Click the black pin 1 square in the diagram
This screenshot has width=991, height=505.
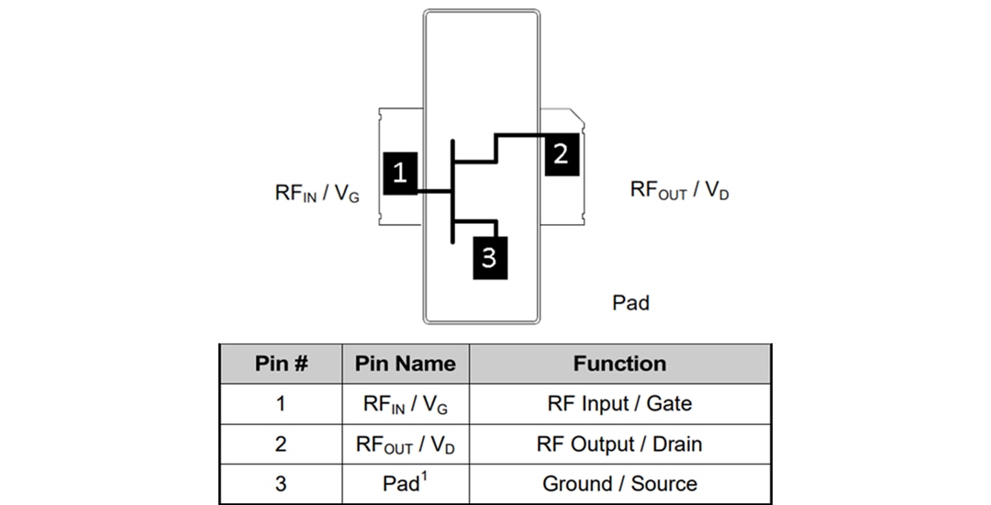point(399,173)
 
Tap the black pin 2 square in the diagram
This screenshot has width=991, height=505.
point(561,154)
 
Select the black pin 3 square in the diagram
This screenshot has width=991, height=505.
point(488,257)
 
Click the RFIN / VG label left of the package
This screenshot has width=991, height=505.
point(317,193)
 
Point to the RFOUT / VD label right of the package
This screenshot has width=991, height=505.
point(679,190)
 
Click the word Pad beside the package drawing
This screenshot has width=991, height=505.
point(630,302)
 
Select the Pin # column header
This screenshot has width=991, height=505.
point(280,364)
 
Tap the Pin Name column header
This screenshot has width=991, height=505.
point(405,364)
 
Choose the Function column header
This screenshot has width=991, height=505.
point(619,364)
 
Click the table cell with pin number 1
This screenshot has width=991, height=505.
point(280,404)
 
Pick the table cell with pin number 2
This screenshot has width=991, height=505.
point(280,444)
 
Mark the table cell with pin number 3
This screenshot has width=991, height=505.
point(280,484)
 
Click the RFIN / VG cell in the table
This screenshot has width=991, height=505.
point(405,404)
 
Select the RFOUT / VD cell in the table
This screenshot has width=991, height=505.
point(405,444)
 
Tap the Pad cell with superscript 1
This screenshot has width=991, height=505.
point(405,484)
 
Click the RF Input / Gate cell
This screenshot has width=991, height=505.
point(619,404)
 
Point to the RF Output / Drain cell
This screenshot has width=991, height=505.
point(619,444)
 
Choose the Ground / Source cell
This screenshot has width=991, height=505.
point(619,484)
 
